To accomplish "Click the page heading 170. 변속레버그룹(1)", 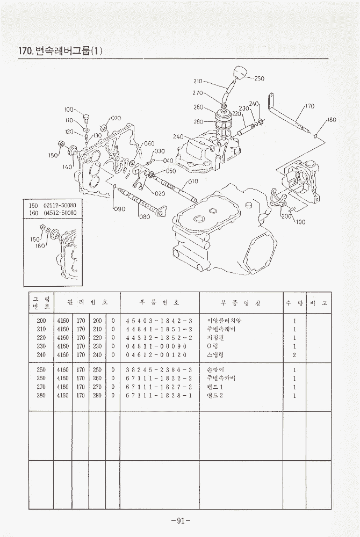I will point(60,51).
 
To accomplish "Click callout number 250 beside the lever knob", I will point(260,78).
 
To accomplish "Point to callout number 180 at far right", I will point(331,120).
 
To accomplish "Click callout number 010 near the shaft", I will point(193,182).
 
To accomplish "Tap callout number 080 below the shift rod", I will point(144,217).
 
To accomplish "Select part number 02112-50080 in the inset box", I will point(60,205).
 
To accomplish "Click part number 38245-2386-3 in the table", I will point(159,371).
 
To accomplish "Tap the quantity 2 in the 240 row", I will point(295,355).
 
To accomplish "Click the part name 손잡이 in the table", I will point(214,371).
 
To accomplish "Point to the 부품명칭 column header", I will point(241,303).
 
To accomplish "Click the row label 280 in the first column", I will point(40,396).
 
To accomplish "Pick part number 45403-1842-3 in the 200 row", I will point(159,321).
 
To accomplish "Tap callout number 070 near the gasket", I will point(116,118).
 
